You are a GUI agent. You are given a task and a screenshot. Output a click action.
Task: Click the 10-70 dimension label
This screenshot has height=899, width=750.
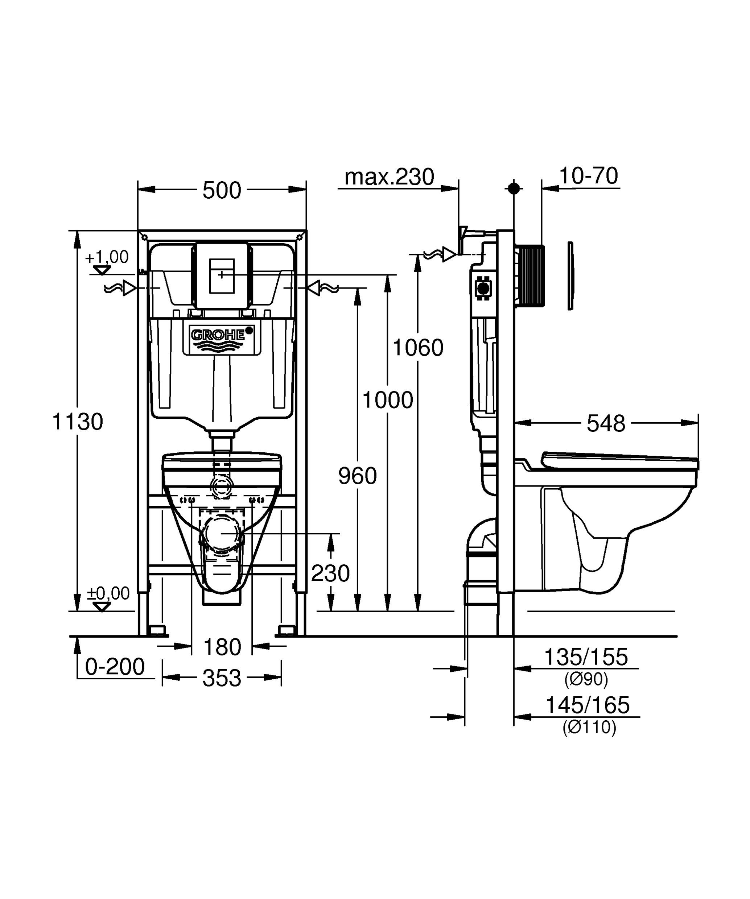589,175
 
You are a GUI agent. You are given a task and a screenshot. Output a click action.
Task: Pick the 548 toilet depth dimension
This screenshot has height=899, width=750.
606,423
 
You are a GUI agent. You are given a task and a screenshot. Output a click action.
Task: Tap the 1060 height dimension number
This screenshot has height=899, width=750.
418,347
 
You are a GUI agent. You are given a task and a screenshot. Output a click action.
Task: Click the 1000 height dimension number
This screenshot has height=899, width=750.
388,400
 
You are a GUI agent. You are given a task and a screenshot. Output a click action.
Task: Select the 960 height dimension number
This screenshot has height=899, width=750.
357,476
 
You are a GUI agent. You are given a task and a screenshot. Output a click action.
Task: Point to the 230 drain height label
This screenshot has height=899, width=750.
330,573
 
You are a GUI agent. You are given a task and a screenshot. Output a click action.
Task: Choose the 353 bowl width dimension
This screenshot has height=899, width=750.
222,678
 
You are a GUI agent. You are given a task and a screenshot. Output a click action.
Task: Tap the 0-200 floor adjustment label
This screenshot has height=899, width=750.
115,667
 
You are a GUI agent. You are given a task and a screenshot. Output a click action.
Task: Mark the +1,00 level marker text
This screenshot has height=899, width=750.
107,257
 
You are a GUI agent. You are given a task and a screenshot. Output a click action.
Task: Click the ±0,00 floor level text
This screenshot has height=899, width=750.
108,593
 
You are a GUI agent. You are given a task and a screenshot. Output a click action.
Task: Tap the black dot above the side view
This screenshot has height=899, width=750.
514,188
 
